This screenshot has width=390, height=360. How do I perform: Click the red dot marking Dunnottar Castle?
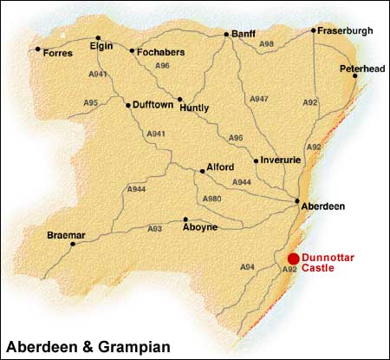(293, 258)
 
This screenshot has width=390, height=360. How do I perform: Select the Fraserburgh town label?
(345, 30)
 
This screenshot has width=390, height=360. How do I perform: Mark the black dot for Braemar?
(73, 244)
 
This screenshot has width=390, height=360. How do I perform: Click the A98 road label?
(267, 43)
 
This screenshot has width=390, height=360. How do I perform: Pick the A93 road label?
(154, 228)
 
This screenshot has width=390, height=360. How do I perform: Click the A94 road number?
(247, 266)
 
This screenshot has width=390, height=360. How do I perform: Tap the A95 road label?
(91, 103)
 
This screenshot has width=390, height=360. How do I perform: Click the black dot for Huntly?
(180, 99)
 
